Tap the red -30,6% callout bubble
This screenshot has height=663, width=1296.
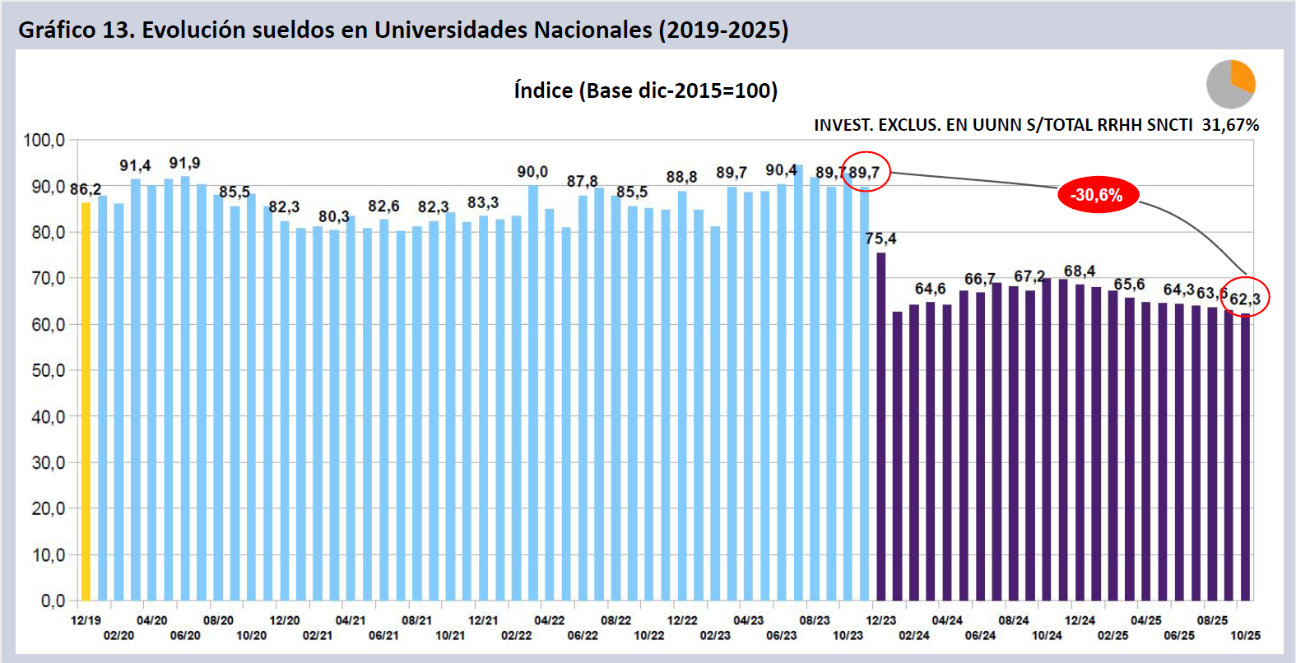[x=1097, y=195]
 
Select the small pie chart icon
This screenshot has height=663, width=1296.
[x=1230, y=84]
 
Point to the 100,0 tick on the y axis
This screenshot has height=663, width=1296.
[x=44, y=140]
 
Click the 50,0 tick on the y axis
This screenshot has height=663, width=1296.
[x=48, y=371]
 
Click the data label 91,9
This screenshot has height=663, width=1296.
[x=184, y=163]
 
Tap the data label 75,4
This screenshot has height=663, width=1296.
[x=880, y=239]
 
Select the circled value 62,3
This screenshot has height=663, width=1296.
[x=1245, y=299]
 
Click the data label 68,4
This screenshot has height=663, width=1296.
[x=1080, y=271]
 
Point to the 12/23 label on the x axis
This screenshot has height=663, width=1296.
[x=880, y=620]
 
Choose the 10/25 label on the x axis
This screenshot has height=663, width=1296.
[x=1245, y=635]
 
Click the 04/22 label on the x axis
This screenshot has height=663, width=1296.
[x=549, y=620]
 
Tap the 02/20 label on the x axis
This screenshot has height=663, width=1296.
[x=118, y=635]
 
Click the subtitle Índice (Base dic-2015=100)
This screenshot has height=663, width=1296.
[x=646, y=90]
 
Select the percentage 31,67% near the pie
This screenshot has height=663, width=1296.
[x=1230, y=125]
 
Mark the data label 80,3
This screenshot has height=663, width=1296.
[x=334, y=216]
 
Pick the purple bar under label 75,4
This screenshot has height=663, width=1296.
[x=880, y=428]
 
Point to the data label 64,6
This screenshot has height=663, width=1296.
[x=930, y=289]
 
